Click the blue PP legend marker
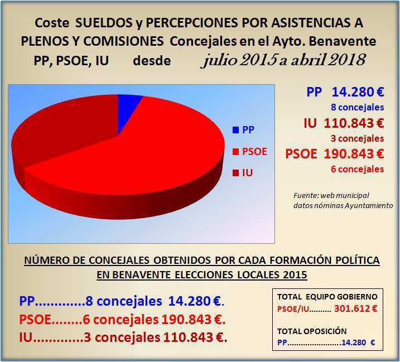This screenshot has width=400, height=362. coord(235,130)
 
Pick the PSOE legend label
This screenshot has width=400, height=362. coord(254,152)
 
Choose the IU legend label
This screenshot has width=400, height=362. coord(248,173)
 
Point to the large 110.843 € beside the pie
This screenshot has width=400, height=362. coord(359,123)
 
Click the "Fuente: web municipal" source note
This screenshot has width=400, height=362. coord(329,196)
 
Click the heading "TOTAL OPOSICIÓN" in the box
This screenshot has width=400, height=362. coord(312,331)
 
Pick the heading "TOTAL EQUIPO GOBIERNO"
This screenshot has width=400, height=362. coord(327,297)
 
